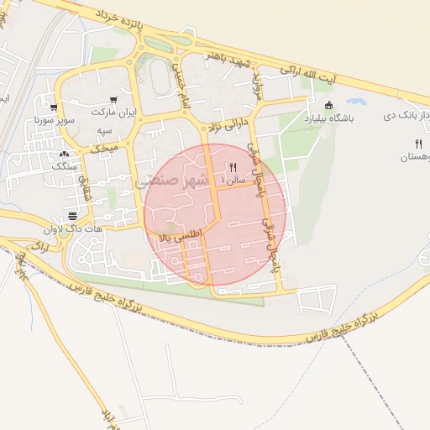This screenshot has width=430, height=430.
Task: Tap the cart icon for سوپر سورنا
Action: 54,108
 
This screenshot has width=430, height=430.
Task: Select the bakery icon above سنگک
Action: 65,155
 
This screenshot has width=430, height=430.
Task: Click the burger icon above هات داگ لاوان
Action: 83,216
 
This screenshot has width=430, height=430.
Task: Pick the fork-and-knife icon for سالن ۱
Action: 233,167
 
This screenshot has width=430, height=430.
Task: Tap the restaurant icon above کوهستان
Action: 417,144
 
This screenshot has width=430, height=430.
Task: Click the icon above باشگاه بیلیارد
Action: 329,106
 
